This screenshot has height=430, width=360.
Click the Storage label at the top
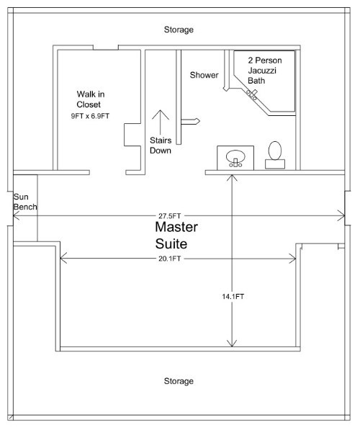(179, 30)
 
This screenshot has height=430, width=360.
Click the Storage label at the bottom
(179, 381)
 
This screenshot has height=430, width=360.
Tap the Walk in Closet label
(91, 99)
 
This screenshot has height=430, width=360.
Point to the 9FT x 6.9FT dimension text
(90, 116)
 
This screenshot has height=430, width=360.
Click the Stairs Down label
(161, 145)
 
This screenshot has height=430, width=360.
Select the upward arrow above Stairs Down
(161, 122)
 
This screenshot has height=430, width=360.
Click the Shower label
(204, 75)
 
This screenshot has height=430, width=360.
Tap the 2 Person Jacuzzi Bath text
(264, 71)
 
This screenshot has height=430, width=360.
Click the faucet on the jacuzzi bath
(252, 94)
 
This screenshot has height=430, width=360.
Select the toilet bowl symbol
(275, 151)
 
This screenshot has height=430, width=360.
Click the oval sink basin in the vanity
(235, 156)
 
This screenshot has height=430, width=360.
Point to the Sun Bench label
(25, 202)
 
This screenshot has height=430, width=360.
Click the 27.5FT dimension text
(169, 216)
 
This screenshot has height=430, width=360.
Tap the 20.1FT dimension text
(169, 259)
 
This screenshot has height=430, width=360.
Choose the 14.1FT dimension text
(233, 297)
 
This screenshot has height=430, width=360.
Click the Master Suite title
(176, 236)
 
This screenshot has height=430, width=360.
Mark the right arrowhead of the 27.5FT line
(341, 215)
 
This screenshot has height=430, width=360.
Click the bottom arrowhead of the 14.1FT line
(232, 344)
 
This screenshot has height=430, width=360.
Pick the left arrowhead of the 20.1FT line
(63, 259)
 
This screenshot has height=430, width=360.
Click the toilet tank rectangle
(275, 164)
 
